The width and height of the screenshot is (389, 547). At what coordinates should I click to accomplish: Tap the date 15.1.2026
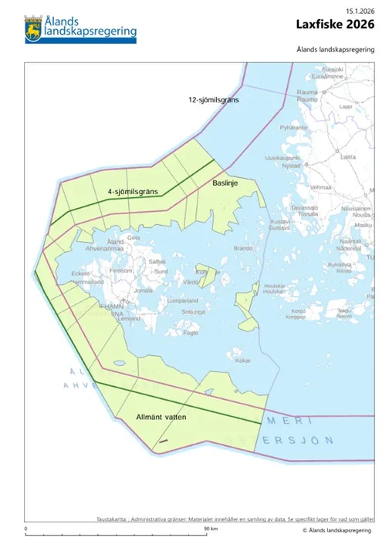tap(360, 9)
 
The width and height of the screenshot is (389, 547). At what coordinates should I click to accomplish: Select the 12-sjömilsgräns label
tap(214, 101)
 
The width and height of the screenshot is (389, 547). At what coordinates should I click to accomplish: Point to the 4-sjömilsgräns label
tap(133, 190)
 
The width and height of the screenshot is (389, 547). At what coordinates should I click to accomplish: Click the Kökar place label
tap(243, 360)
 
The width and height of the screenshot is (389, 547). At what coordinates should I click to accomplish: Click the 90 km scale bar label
tap(209, 529)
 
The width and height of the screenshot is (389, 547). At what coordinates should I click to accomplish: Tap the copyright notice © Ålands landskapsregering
tap(337, 531)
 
